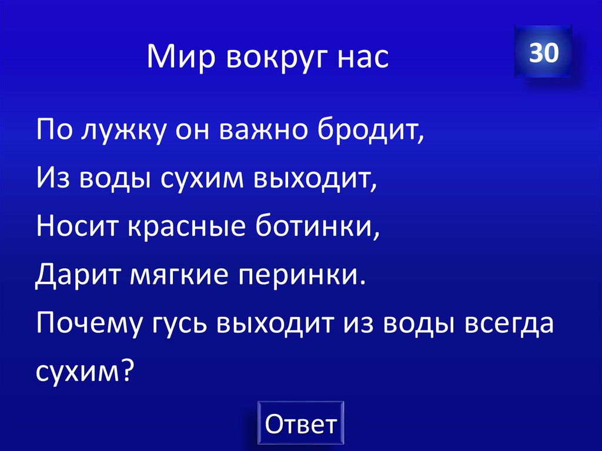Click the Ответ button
[x=300, y=423]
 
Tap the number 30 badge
[x=543, y=53]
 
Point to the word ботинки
[x=318, y=227]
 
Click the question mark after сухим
[x=129, y=370]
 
